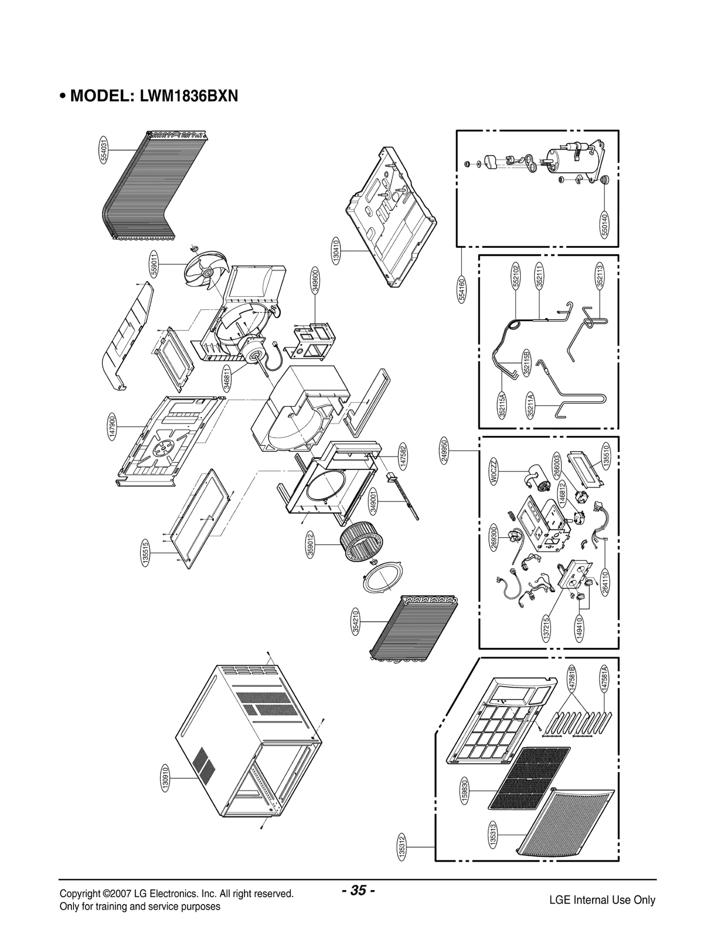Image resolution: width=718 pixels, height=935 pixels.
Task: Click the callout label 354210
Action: click(x=355, y=621)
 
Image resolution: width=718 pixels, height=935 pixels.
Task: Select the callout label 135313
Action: click(x=493, y=834)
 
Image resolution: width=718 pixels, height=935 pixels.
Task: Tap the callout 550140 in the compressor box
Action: click(x=604, y=224)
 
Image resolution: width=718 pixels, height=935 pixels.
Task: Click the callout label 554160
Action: click(x=462, y=290)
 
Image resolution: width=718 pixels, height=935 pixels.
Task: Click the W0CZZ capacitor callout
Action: click(x=494, y=471)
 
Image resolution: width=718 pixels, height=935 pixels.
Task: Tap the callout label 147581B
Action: click(x=571, y=678)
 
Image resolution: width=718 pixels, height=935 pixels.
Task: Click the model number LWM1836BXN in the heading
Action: click(x=189, y=96)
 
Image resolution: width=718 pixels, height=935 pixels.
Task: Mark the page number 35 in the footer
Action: click(x=358, y=890)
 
